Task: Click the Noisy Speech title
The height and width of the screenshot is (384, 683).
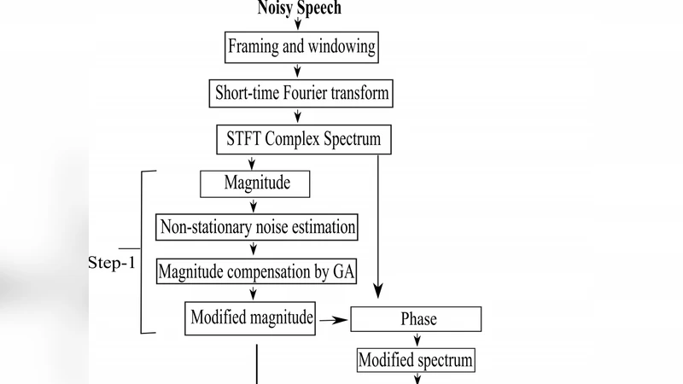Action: click(x=299, y=9)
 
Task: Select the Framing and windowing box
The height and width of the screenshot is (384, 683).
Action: click(x=301, y=46)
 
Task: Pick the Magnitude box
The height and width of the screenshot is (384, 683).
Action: click(x=254, y=183)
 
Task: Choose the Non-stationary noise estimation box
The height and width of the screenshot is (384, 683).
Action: click(x=255, y=228)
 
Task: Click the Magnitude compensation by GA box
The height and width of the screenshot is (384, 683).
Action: click(x=256, y=272)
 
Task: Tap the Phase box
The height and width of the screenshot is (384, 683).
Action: click(x=418, y=319)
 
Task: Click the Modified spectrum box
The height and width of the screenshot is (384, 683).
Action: click(x=416, y=360)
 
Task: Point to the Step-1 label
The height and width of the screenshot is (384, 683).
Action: click(x=111, y=262)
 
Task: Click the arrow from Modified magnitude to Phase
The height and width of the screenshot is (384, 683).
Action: click(x=334, y=320)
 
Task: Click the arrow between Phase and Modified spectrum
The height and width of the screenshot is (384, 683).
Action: click(x=417, y=340)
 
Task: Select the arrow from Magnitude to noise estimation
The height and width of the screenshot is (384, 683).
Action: click(x=254, y=205)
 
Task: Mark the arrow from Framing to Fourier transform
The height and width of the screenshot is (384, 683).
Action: click(x=298, y=70)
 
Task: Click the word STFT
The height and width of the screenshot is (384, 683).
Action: click(x=241, y=138)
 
